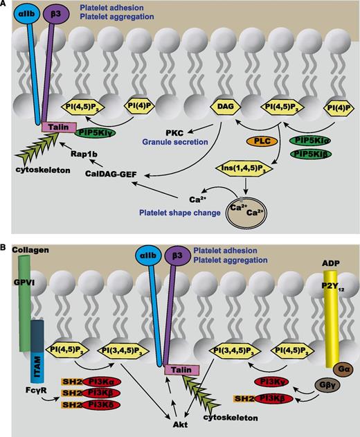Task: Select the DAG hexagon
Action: [x=221, y=108]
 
